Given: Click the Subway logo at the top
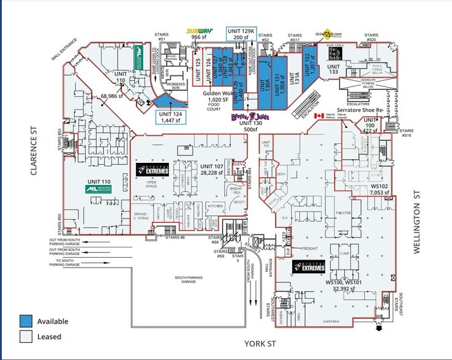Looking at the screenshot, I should click(201, 30).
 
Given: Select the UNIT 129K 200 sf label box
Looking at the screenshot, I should click(241, 34).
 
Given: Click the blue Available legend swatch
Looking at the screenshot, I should click(25, 321).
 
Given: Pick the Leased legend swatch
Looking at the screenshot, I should click(25, 336).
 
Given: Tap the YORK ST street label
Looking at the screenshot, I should click(260, 345).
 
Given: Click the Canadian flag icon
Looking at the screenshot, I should click(318, 116).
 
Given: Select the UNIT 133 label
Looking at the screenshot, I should click(333, 69).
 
